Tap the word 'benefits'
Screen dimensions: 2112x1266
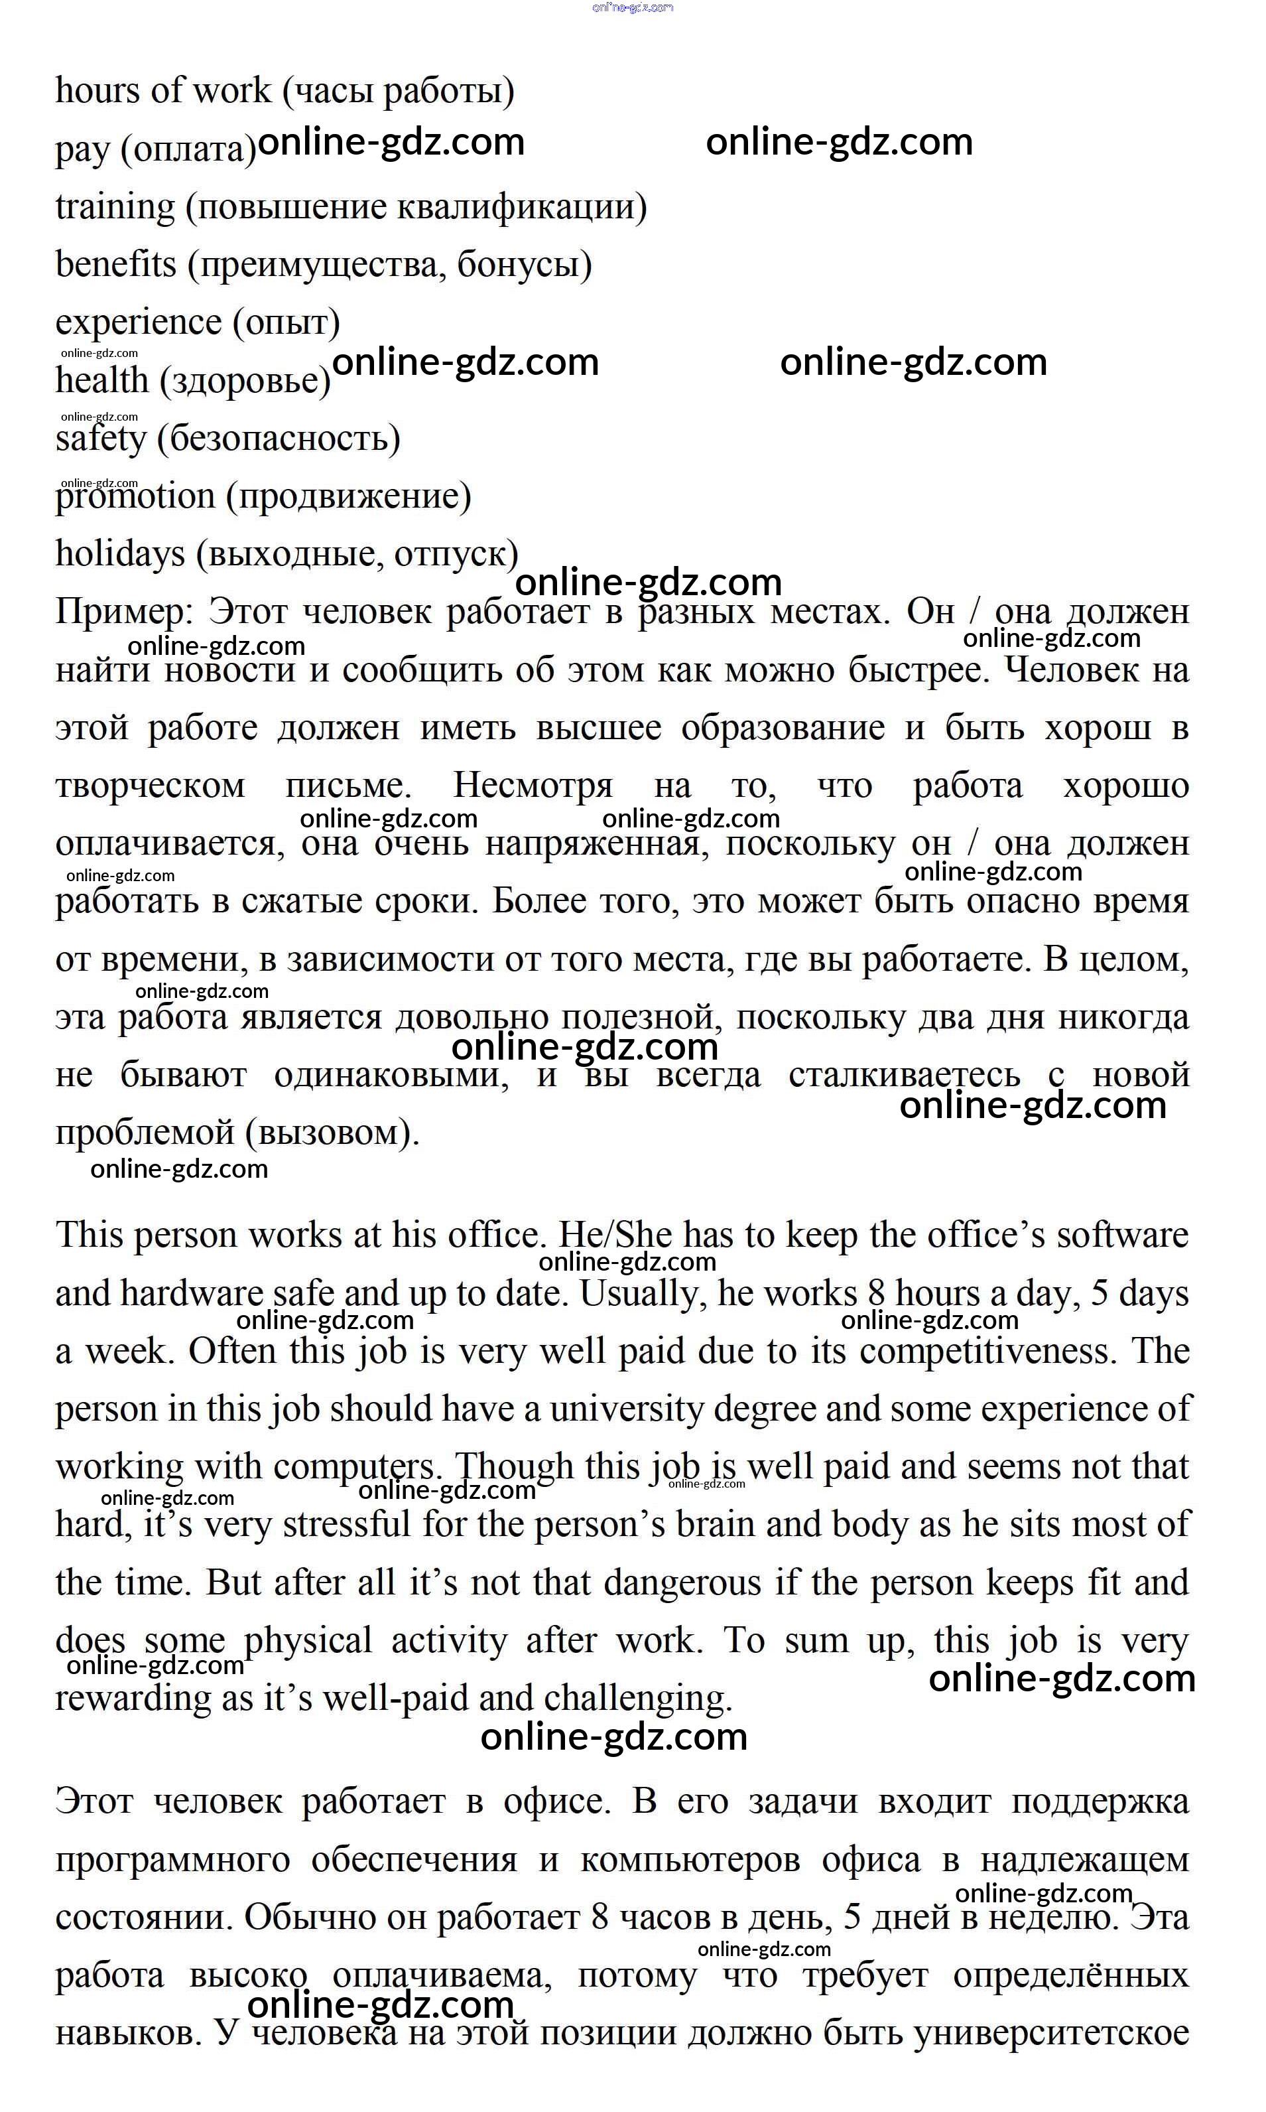point(115,265)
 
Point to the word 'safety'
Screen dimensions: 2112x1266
point(101,439)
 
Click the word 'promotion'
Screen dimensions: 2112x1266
point(135,496)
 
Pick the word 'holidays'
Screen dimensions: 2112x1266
point(119,554)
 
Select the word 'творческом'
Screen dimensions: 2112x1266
point(150,786)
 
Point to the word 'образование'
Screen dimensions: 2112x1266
point(783,728)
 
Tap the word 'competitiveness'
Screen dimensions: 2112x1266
point(988,1352)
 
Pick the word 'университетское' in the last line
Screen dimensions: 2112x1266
point(1051,2034)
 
